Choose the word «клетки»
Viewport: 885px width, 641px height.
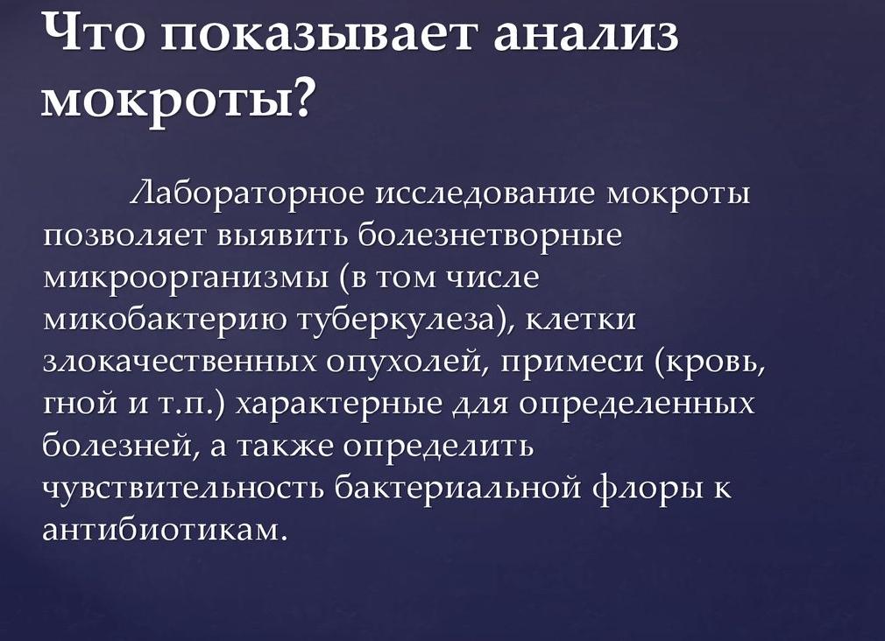582,320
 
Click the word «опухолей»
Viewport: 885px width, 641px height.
395,363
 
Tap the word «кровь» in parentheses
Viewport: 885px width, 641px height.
713,363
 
